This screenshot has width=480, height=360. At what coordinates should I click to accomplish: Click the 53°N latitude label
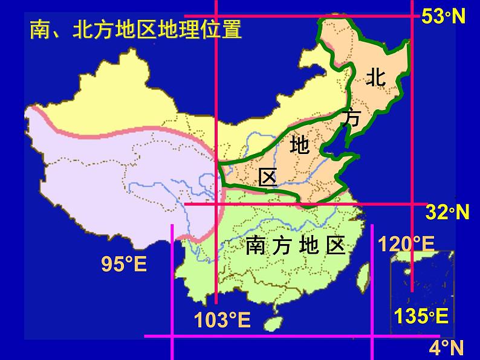(443, 16)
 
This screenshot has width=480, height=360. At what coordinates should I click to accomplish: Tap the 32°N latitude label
(448, 213)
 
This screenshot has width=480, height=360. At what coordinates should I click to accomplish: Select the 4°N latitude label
(446, 347)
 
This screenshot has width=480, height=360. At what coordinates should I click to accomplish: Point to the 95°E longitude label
(124, 264)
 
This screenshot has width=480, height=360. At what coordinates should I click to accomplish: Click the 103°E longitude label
(222, 320)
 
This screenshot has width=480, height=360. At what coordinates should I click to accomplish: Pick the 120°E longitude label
(406, 244)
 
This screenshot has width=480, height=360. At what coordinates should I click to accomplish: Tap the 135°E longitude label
(421, 315)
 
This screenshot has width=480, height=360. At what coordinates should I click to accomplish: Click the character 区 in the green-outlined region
(267, 176)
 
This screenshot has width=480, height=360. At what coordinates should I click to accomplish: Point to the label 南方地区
(296, 245)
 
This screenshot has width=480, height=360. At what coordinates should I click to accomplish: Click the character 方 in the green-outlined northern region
(350, 117)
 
